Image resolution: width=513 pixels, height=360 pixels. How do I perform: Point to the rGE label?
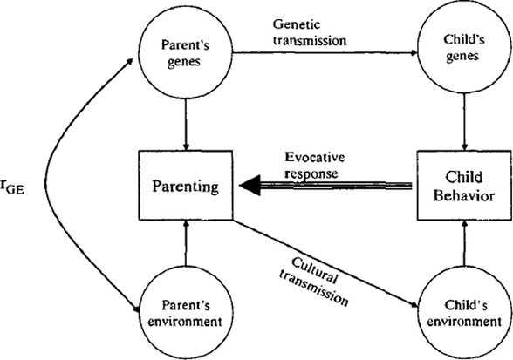(19, 184)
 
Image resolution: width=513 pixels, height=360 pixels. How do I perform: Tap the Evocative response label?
(316, 165)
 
